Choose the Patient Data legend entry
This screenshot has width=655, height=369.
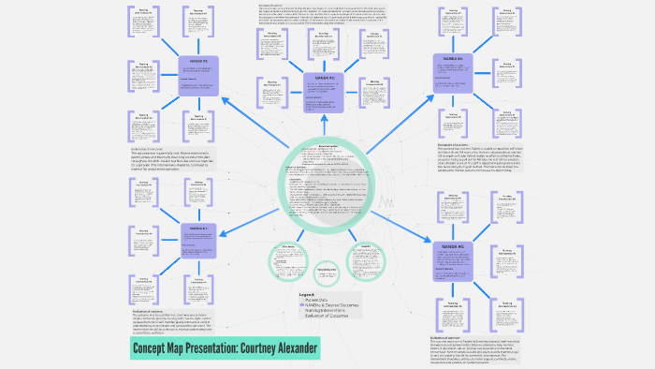(315, 300)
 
